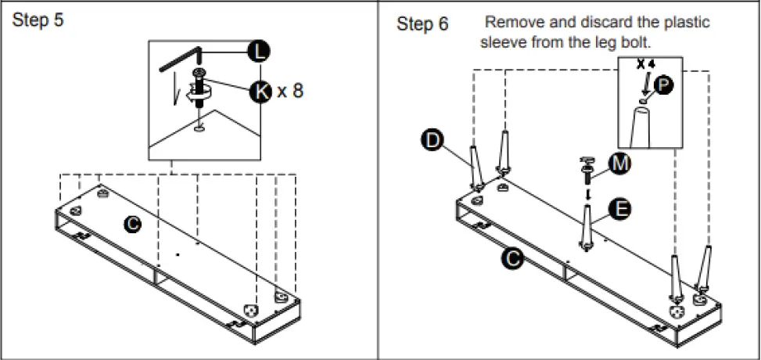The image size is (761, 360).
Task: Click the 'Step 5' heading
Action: coord(38,20)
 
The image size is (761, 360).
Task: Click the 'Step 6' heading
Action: coord(422,23)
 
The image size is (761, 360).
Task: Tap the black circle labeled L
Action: coord(259,52)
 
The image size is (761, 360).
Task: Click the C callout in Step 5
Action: coord(132,224)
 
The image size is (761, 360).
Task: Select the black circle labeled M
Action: coord(619,164)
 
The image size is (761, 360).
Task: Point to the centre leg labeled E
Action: coord(587,228)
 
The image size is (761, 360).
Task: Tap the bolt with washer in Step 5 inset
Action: coord(199,89)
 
